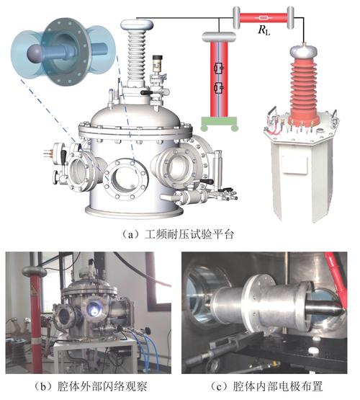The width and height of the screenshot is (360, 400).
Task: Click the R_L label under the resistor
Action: pyautogui.click(x=264, y=30)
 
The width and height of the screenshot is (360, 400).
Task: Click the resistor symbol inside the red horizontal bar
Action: pyautogui.click(x=263, y=18)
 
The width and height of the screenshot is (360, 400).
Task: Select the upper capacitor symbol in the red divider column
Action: pyautogui.click(x=219, y=68)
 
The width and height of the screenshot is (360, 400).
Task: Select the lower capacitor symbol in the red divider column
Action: pyautogui.click(x=219, y=88)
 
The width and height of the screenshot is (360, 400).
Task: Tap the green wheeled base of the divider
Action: pyautogui.click(x=220, y=124)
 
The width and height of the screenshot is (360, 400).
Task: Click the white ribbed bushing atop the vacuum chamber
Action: pyautogui.click(x=136, y=58)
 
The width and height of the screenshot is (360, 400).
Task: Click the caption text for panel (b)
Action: pyautogui.click(x=91, y=386)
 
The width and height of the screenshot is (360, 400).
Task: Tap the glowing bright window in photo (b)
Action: pyautogui.click(x=94, y=308)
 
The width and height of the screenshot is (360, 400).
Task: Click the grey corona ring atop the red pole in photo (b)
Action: pyautogui.click(x=34, y=271)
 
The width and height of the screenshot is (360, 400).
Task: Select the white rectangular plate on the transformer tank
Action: pyautogui.click(x=295, y=164)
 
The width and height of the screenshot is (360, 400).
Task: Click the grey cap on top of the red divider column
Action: pyautogui.click(x=219, y=37)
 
